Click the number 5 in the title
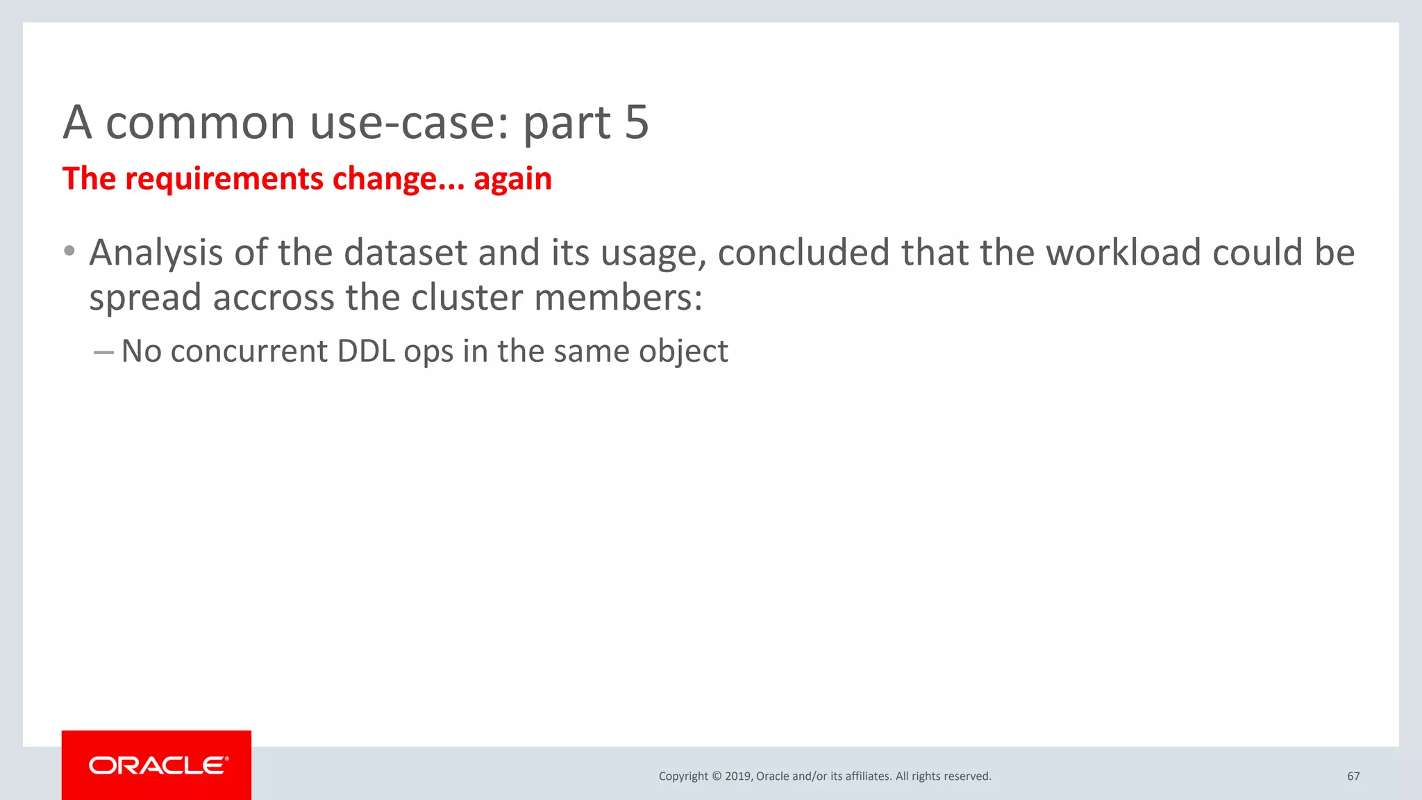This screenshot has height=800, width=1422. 636,122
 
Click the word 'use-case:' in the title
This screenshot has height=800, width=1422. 410,123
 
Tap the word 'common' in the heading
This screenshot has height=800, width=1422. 200,123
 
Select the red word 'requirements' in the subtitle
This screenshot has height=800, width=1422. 224,179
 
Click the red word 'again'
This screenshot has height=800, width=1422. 512,180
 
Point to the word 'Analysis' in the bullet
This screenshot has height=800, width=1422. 156,253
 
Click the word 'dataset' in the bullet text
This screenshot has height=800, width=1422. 405,253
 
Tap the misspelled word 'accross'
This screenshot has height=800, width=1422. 274,297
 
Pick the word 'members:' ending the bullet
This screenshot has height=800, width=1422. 618,297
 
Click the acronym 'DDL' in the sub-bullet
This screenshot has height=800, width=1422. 365,351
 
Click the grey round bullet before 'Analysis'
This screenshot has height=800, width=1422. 69,251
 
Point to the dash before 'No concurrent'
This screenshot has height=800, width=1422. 103,353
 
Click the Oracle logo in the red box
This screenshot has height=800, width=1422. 158,765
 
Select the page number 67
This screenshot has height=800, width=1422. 1353,776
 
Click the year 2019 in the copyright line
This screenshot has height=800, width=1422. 737,776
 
